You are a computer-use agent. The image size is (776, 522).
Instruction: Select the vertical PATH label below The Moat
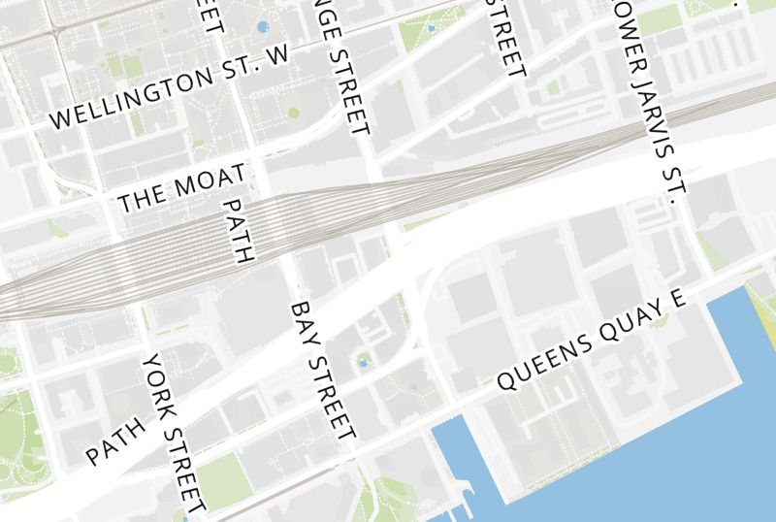[237, 231]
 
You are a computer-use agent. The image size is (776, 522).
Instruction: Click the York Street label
[174, 432]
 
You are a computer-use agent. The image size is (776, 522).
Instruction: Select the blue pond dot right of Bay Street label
[364, 363]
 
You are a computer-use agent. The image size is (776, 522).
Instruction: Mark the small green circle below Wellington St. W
[294, 113]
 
